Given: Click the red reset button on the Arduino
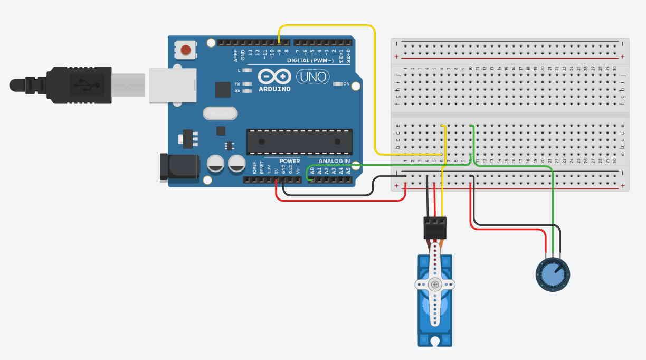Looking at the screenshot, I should (185, 50).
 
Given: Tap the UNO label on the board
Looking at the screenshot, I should (312, 77).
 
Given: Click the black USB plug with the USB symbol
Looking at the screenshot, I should (79, 84).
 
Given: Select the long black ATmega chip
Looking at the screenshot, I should (299, 141).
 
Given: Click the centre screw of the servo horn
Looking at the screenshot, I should (434, 285).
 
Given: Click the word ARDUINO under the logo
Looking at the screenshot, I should (274, 89).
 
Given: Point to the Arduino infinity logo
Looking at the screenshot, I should (274, 77).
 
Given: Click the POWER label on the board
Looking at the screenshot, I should (289, 161).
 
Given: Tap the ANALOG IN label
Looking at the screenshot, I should (334, 161).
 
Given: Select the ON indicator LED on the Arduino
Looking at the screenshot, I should (338, 84).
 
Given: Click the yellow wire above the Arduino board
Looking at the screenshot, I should (327, 25).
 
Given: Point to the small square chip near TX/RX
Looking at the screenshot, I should (223, 89).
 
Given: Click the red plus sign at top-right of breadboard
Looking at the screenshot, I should (623, 56).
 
